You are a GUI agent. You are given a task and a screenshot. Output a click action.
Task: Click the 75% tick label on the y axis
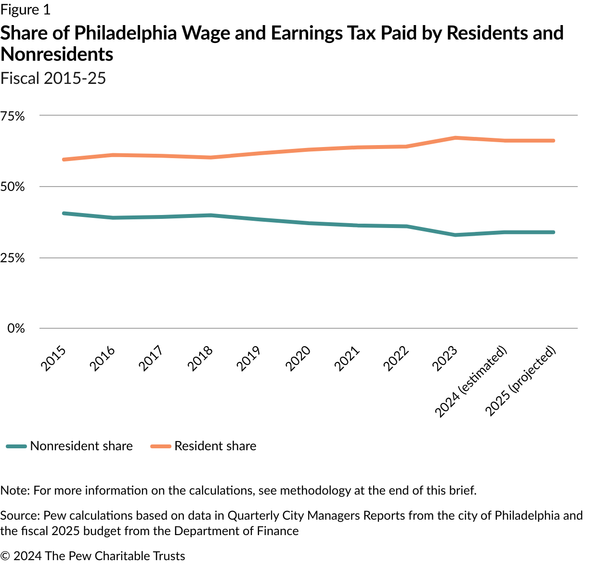13,116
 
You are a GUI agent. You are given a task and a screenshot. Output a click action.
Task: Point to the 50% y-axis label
13,187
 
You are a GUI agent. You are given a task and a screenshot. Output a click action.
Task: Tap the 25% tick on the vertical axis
13,258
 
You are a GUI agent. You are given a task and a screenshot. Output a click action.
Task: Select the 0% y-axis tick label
16,328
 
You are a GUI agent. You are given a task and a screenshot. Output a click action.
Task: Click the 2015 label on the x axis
53,359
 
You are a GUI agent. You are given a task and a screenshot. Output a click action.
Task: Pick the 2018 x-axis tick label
200,359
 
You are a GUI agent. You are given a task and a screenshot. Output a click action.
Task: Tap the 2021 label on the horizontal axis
348,359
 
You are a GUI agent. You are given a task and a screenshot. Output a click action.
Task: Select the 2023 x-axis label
445,359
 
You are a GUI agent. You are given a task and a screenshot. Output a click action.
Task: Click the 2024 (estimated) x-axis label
471,381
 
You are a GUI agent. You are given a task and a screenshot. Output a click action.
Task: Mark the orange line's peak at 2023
455,138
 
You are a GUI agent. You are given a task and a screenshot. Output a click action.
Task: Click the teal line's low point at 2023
455,235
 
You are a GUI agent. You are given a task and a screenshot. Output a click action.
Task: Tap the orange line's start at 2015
64,159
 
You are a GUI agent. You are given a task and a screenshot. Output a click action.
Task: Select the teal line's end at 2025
554,232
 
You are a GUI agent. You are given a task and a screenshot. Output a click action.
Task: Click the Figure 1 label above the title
25,10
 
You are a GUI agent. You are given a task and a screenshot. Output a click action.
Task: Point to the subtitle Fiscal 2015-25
53,78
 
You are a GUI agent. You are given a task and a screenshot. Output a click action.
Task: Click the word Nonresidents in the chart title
57,54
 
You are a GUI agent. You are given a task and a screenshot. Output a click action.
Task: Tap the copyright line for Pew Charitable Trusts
92,556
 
